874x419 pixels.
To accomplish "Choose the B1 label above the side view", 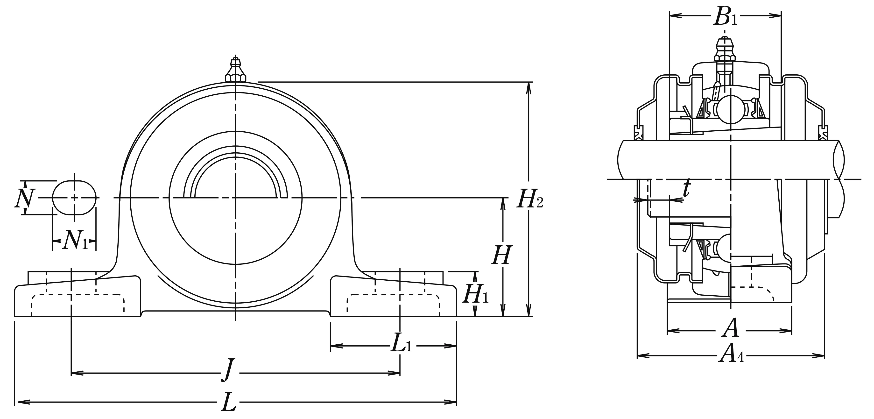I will tap(725, 16).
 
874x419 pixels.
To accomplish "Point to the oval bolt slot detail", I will tap(74, 198).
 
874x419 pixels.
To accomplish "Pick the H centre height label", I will tap(501, 256).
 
